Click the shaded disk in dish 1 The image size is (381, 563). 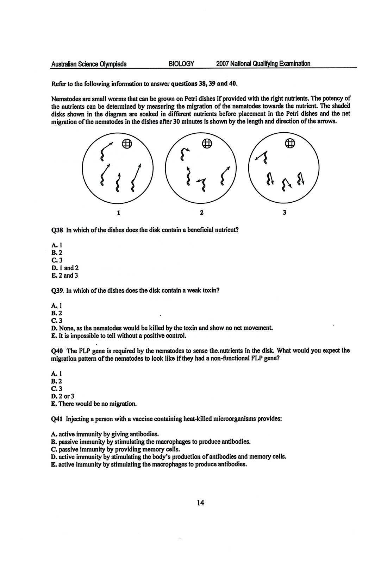click(x=127, y=143)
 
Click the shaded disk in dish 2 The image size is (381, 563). click(x=207, y=143)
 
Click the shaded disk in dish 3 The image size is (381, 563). click(x=289, y=143)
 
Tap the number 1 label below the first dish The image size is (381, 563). click(x=119, y=213)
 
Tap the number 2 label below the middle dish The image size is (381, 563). click(x=201, y=213)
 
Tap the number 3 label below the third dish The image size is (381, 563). click(x=285, y=213)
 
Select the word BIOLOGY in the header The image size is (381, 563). click(x=181, y=64)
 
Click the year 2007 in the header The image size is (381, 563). click(x=223, y=64)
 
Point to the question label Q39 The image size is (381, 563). click(x=56, y=291)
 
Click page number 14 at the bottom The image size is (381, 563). click(x=201, y=502)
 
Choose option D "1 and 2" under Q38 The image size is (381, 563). click(x=65, y=268)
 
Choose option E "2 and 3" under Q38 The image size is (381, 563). click(x=65, y=276)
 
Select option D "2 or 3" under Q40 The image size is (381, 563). click(x=63, y=396)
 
